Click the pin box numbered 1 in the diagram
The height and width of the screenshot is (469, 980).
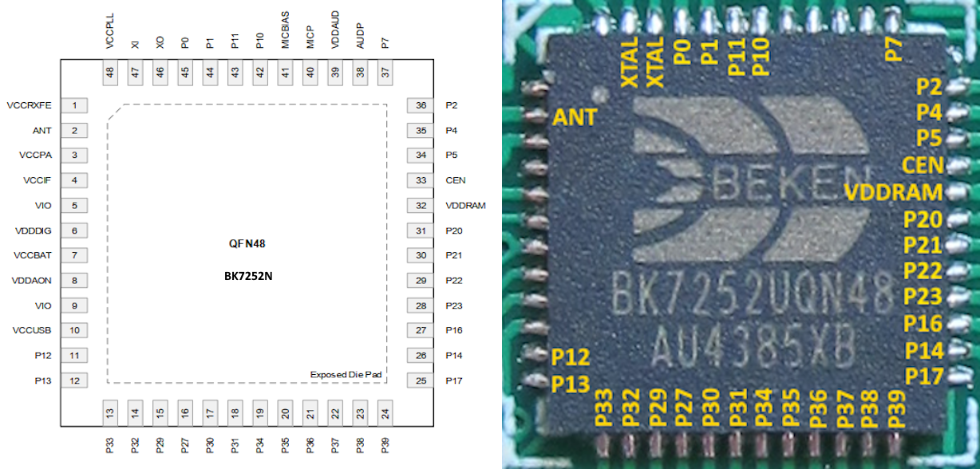point(74,105)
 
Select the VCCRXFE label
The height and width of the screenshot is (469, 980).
point(30,105)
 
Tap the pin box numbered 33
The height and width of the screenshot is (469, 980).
point(421,180)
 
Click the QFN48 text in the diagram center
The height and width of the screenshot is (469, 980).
point(247,243)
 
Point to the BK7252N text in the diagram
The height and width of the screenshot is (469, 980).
point(248,276)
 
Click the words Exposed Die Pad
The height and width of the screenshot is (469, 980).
point(346,375)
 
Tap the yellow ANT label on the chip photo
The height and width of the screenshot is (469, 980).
point(575,117)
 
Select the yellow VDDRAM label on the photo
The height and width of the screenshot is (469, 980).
point(893,192)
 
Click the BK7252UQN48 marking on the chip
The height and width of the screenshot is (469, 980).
point(753,294)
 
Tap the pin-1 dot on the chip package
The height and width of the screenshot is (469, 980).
point(599,93)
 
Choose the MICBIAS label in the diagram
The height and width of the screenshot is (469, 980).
point(285,30)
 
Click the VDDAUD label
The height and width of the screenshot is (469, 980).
point(335,30)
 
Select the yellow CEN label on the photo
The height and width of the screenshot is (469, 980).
point(923,165)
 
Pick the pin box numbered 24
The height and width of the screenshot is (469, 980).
point(385,413)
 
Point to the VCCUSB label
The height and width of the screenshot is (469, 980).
point(32,330)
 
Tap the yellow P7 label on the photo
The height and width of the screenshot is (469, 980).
point(893,49)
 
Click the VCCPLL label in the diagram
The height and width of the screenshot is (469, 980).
point(110,30)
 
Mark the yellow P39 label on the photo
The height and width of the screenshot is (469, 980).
point(895,408)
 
